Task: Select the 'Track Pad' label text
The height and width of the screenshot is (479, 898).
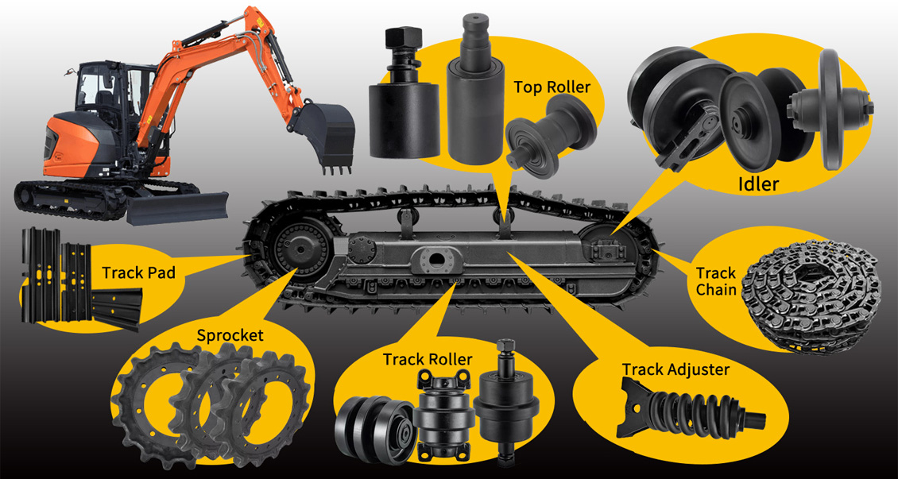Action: coord(138,272)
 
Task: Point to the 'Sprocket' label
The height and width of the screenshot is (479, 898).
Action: coord(230,335)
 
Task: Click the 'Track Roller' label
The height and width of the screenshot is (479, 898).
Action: coord(428,359)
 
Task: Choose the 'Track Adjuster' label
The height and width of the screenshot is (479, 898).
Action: coord(675,369)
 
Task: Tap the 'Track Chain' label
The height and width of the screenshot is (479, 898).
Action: coord(716,280)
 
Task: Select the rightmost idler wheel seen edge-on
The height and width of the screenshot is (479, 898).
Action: coord(834,109)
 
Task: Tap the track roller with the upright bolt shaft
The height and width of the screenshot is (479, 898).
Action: coord(506,400)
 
